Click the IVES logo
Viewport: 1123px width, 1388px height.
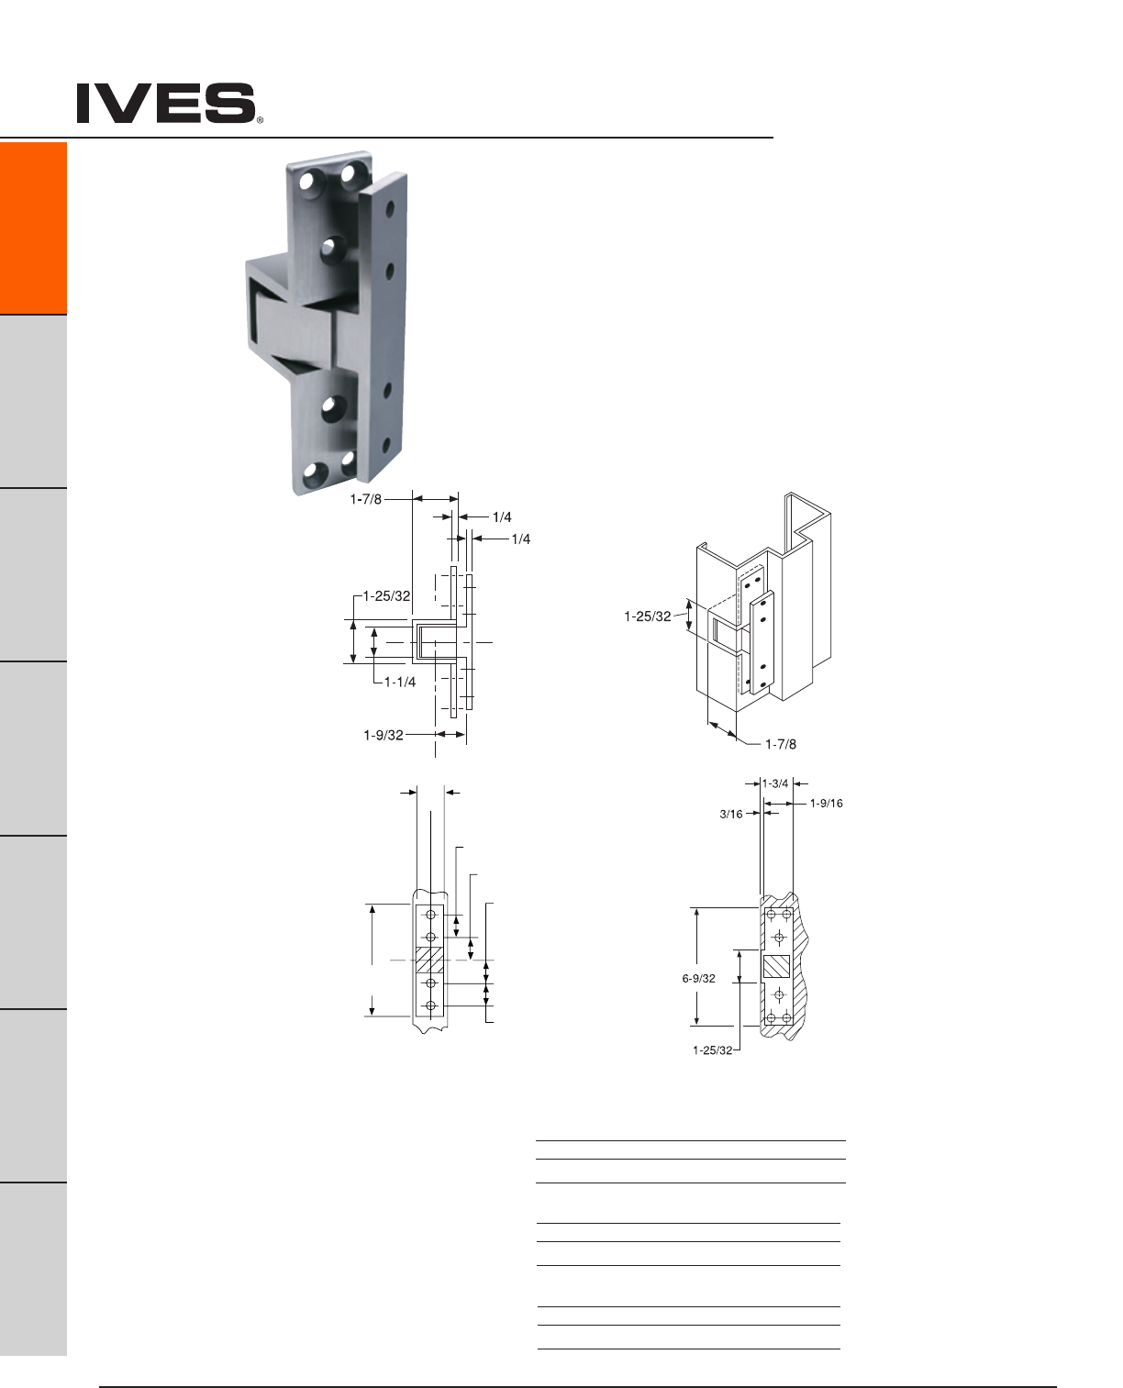pyautogui.click(x=166, y=103)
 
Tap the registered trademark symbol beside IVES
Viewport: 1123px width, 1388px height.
pyautogui.click(x=260, y=120)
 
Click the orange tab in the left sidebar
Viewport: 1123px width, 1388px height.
pyautogui.click(x=33, y=228)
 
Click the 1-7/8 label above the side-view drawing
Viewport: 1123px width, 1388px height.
pyautogui.click(x=365, y=499)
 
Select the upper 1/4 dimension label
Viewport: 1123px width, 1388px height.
pyautogui.click(x=502, y=516)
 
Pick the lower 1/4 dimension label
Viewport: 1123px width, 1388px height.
pyautogui.click(x=521, y=539)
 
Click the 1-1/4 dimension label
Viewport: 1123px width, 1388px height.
pyautogui.click(x=399, y=682)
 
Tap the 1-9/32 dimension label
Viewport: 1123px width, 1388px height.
pyautogui.click(x=384, y=735)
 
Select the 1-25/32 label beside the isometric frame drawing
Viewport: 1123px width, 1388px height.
pyautogui.click(x=647, y=616)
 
